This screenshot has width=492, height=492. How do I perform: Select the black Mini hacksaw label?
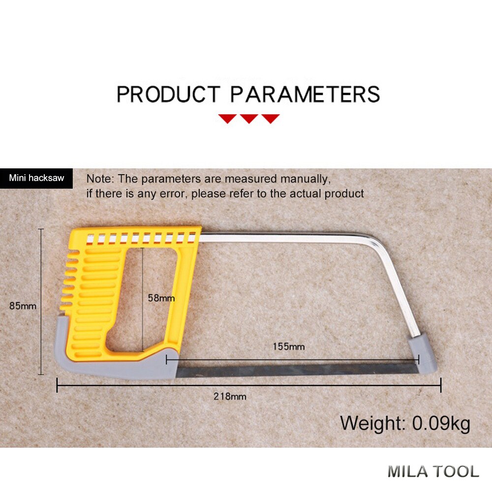(x=36, y=178)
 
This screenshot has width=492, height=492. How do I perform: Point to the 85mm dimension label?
(x=23, y=306)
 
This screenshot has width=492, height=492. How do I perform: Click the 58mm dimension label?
(x=161, y=298)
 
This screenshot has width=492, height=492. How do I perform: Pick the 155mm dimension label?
(x=289, y=346)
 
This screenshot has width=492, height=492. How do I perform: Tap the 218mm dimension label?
(x=230, y=396)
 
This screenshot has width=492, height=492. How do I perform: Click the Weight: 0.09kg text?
(x=405, y=423)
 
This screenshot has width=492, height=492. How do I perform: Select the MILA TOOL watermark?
(x=433, y=471)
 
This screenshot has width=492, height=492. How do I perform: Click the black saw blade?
(x=295, y=369)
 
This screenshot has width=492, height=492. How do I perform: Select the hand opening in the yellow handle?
(x=143, y=295)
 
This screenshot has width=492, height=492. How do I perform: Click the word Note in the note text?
(x=98, y=179)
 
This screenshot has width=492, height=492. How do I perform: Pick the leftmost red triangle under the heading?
(x=227, y=119)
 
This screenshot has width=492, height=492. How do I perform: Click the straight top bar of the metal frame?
(x=285, y=237)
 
